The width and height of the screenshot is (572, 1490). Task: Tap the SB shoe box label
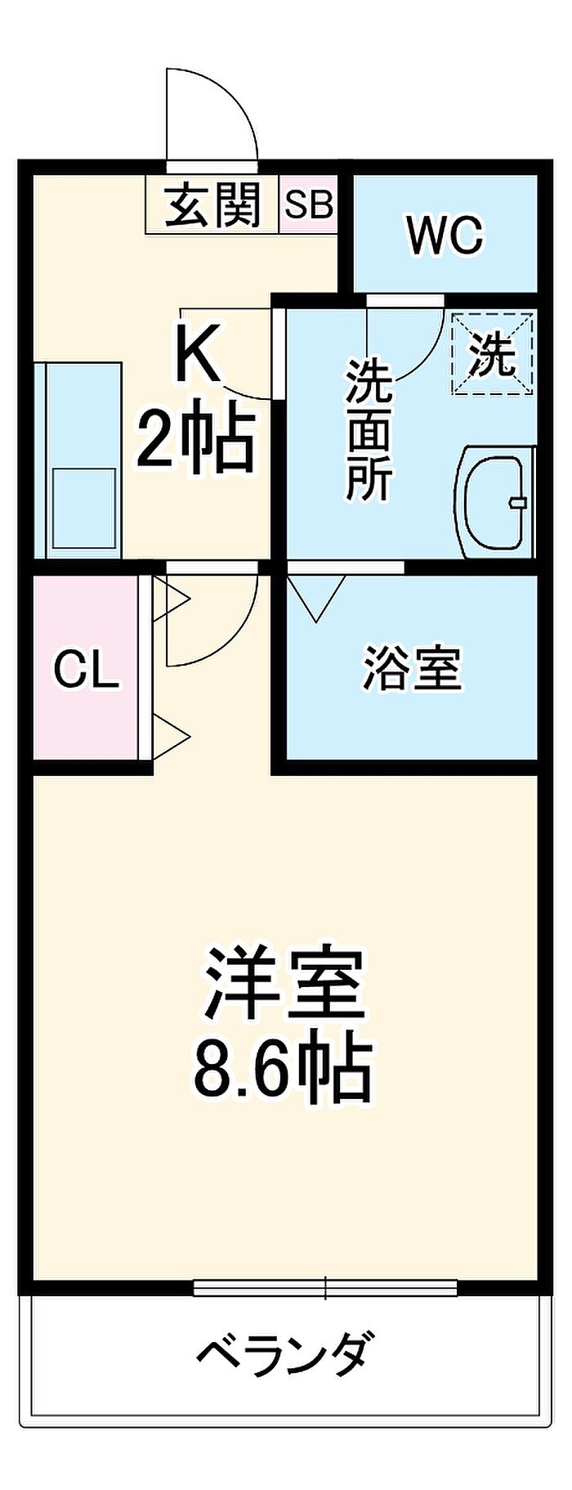309,204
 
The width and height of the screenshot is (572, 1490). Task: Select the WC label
445,236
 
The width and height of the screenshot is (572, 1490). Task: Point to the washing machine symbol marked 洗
492,355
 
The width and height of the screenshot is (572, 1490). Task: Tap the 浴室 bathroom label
412,668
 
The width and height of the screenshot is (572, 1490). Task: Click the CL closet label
86,671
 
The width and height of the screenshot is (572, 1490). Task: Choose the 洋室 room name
283,984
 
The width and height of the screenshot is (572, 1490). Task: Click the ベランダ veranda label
286,1355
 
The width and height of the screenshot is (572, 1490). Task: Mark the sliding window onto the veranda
325,1288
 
